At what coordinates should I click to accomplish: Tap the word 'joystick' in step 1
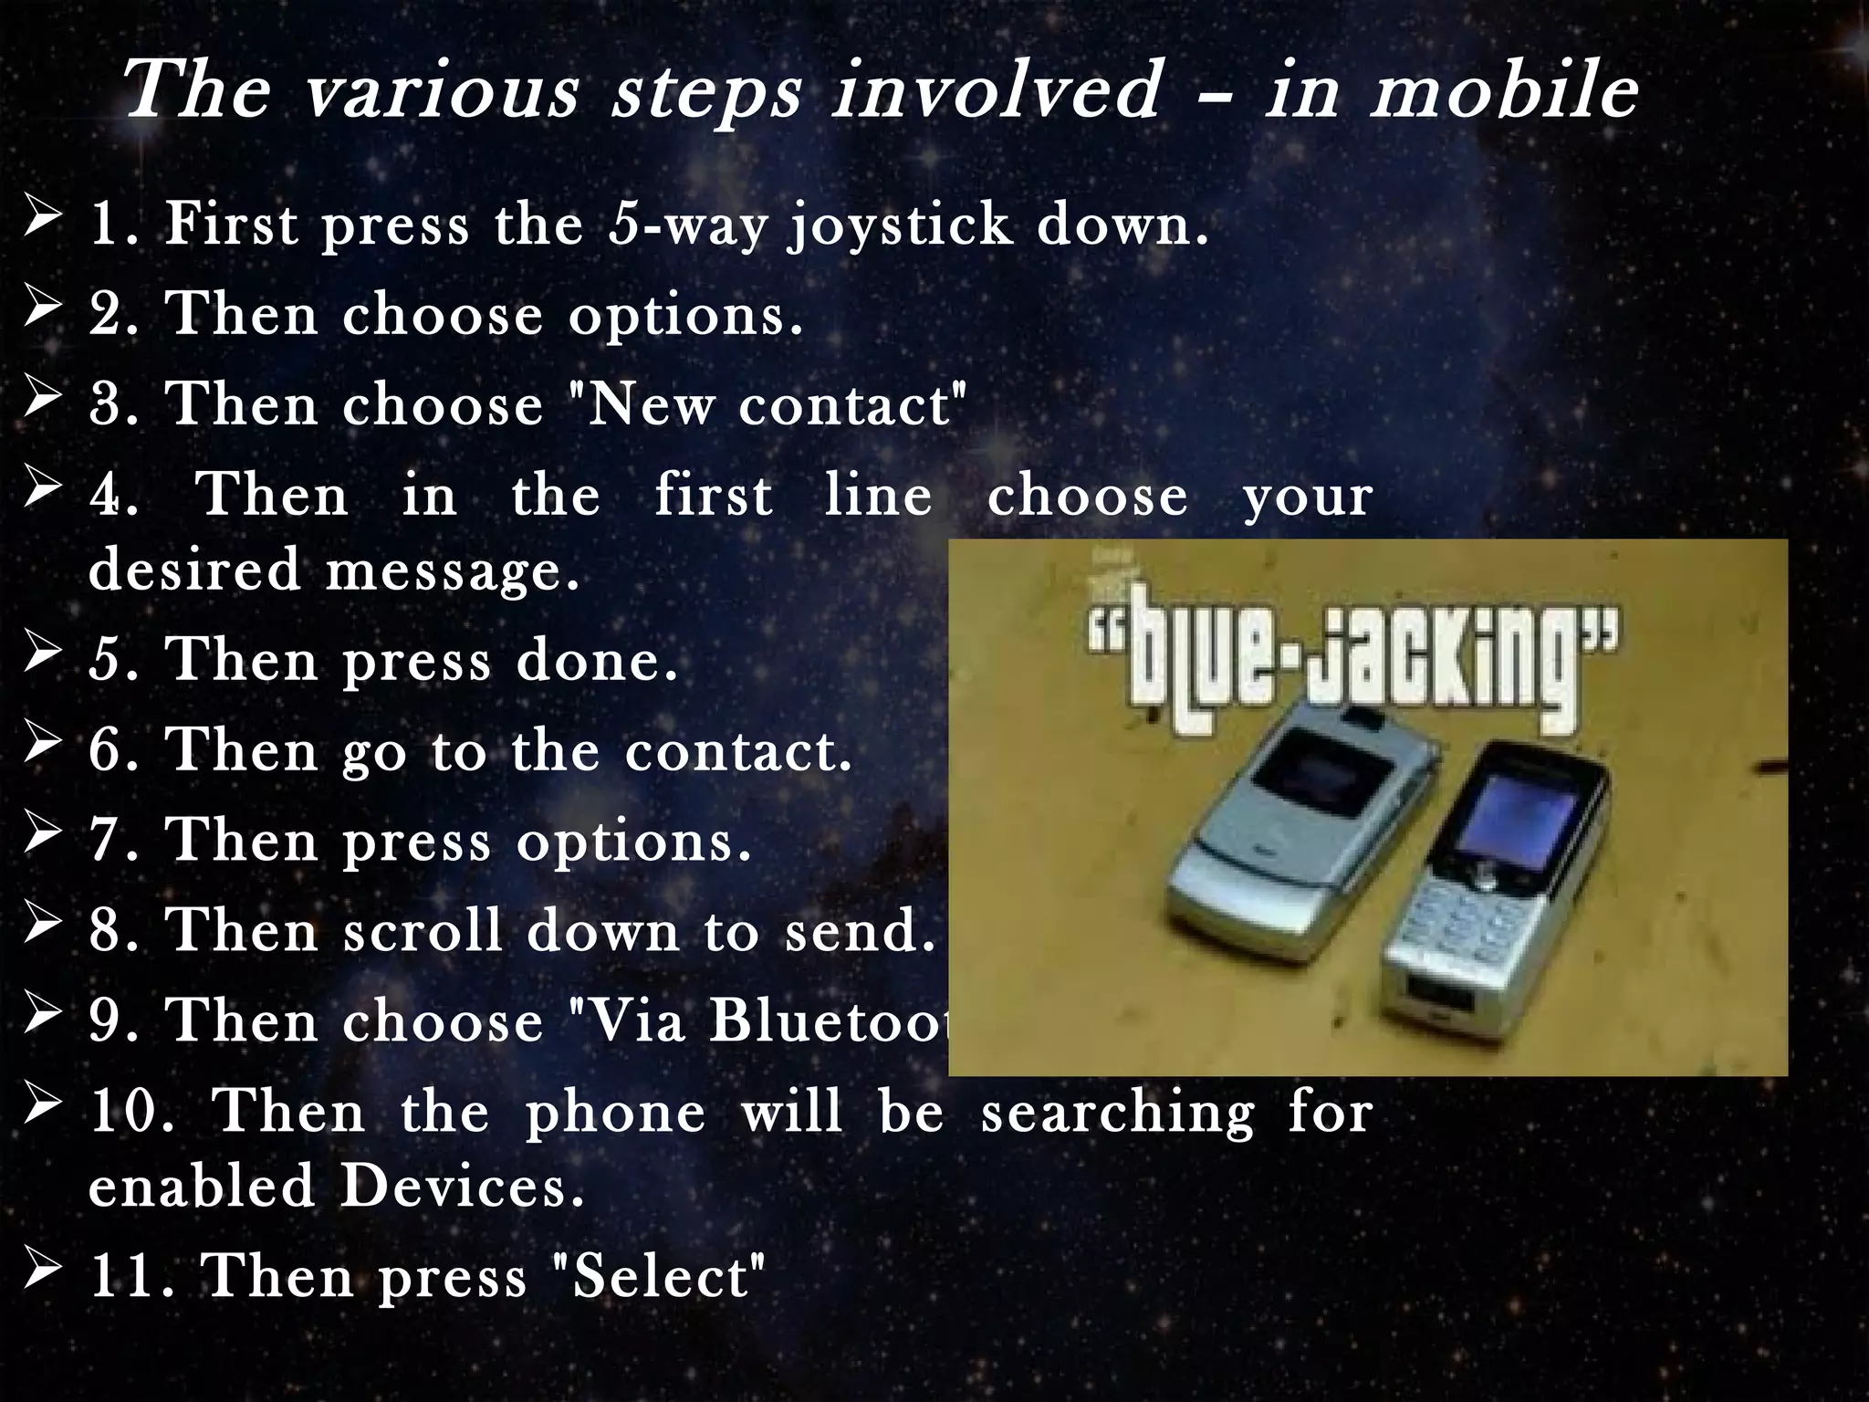tap(900, 226)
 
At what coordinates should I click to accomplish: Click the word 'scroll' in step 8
tap(423, 931)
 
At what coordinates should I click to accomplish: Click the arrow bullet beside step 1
tap(44, 221)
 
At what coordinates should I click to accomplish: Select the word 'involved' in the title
tap(996, 91)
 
